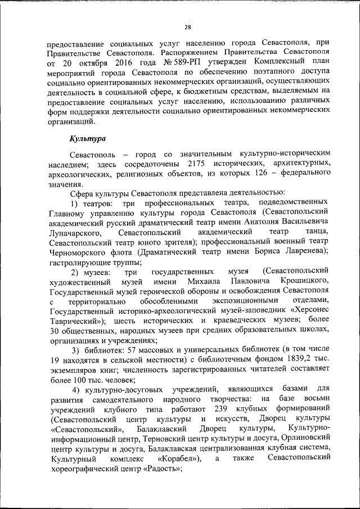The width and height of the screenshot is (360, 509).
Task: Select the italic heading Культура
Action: pyautogui.click(x=87, y=138)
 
